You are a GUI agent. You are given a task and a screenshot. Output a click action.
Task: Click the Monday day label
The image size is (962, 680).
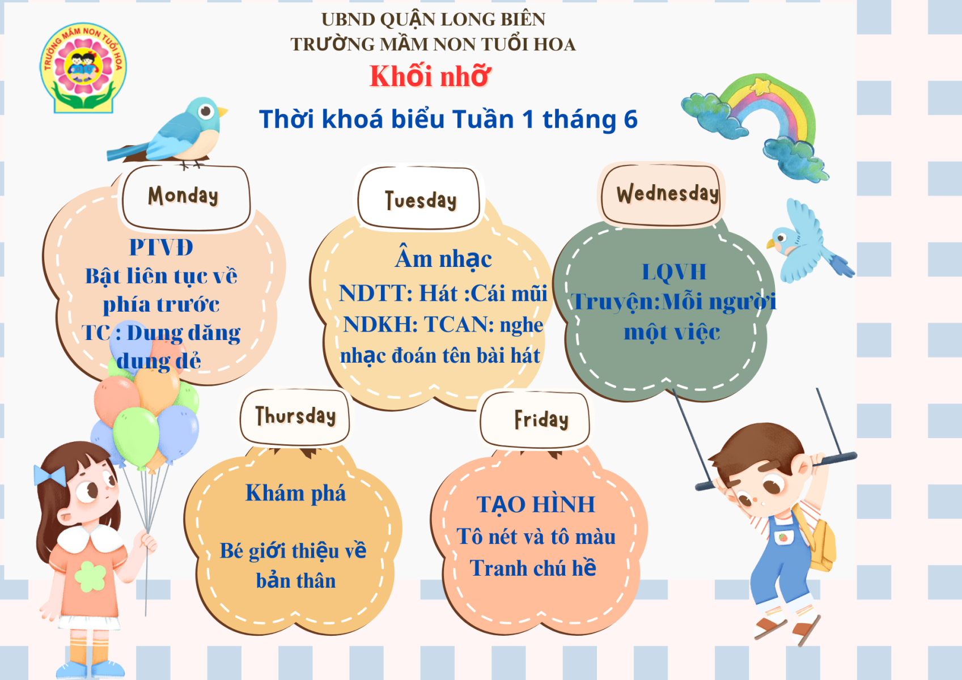tap(183, 195)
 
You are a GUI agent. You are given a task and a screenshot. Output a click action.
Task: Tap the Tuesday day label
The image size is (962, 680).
tap(421, 200)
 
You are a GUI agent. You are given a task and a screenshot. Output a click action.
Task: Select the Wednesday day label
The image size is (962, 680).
tap(667, 194)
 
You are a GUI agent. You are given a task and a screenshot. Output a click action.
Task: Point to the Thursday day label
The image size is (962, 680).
tap(295, 416)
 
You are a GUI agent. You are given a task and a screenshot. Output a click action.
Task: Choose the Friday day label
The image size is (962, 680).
tap(541, 419)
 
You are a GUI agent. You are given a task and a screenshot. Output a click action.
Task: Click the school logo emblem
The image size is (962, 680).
tap(83, 68)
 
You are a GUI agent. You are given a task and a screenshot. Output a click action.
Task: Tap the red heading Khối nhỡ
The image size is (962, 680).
tap(430, 76)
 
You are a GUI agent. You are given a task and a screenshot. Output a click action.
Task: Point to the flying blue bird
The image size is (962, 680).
tap(807, 243)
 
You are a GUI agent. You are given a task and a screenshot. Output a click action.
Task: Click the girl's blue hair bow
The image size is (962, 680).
tap(50, 476)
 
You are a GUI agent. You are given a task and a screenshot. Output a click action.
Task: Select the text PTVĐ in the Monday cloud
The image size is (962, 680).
tap(161, 247)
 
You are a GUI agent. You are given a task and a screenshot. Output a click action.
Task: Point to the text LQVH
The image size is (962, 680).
tap(674, 272)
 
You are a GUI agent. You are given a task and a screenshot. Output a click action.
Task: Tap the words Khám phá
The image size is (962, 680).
tap(295, 493)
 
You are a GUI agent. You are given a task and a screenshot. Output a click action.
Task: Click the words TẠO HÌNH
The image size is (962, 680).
tap(536, 504)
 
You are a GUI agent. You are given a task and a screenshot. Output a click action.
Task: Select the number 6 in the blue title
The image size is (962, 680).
tap(630, 120)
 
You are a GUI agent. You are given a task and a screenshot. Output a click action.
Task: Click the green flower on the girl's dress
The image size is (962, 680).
tap(90, 576)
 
